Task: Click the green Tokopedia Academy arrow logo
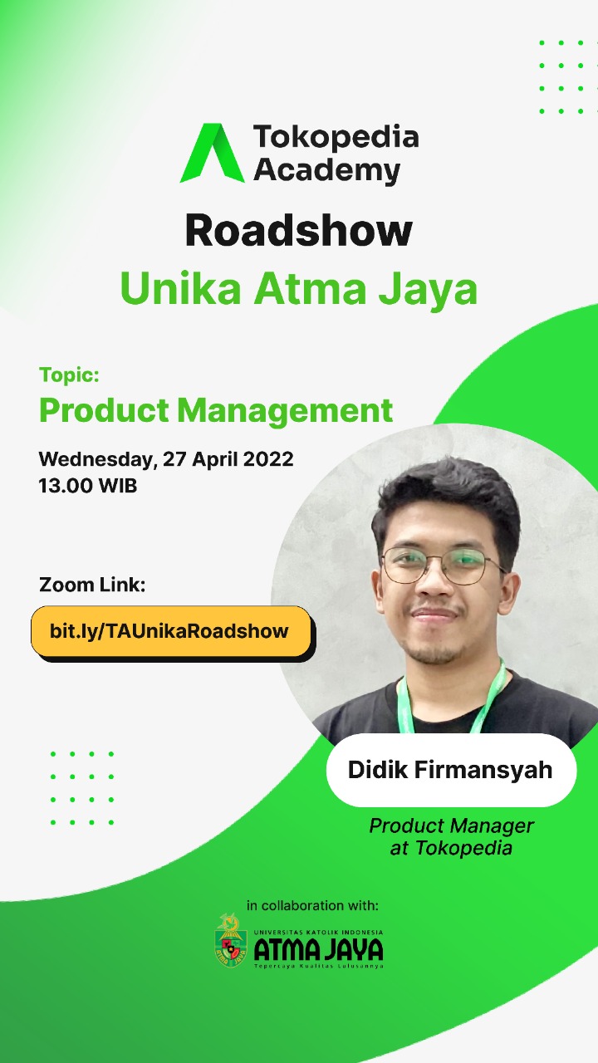(213, 153)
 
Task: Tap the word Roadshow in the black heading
(298, 231)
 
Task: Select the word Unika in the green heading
(181, 288)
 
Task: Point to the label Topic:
(69, 375)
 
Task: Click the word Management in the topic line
(285, 410)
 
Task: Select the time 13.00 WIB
(88, 486)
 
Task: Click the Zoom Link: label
(92, 585)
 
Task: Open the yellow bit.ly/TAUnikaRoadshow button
(171, 632)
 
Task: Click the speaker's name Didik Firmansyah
(450, 770)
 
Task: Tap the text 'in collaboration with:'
(312, 905)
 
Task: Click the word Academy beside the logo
(327, 170)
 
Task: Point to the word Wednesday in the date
(98, 459)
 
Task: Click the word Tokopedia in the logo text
(336, 138)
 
